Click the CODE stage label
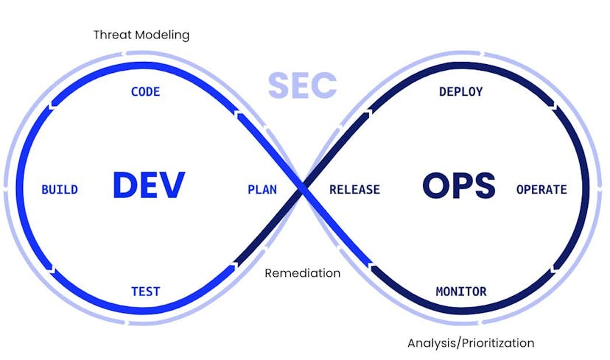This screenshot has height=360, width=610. pyautogui.click(x=145, y=92)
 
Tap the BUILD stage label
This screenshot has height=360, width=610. pyautogui.click(x=60, y=190)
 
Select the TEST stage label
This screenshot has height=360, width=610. pyautogui.click(x=145, y=292)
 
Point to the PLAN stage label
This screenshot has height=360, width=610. pyautogui.click(x=262, y=190)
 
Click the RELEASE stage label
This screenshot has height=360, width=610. pyautogui.click(x=354, y=190)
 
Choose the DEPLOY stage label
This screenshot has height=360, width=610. pyautogui.click(x=460, y=92)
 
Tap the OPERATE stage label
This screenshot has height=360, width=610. pyautogui.click(x=541, y=190)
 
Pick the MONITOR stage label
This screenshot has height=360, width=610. pyautogui.click(x=460, y=292)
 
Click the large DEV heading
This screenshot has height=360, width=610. pyautogui.click(x=148, y=186)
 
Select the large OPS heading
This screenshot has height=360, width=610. pyautogui.click(x=458, y=186)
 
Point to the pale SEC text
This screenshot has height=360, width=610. pyautogui.click(x=302, y=86)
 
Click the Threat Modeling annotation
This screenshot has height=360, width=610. pyautogui.click(x=141, y=35)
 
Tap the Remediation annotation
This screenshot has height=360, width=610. pyautogui.click(x=302, y=273)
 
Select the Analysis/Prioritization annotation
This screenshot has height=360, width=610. pyautogui.click(x=471, y=343)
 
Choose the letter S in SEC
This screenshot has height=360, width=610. pyautogui.click(x=278, y=86)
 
